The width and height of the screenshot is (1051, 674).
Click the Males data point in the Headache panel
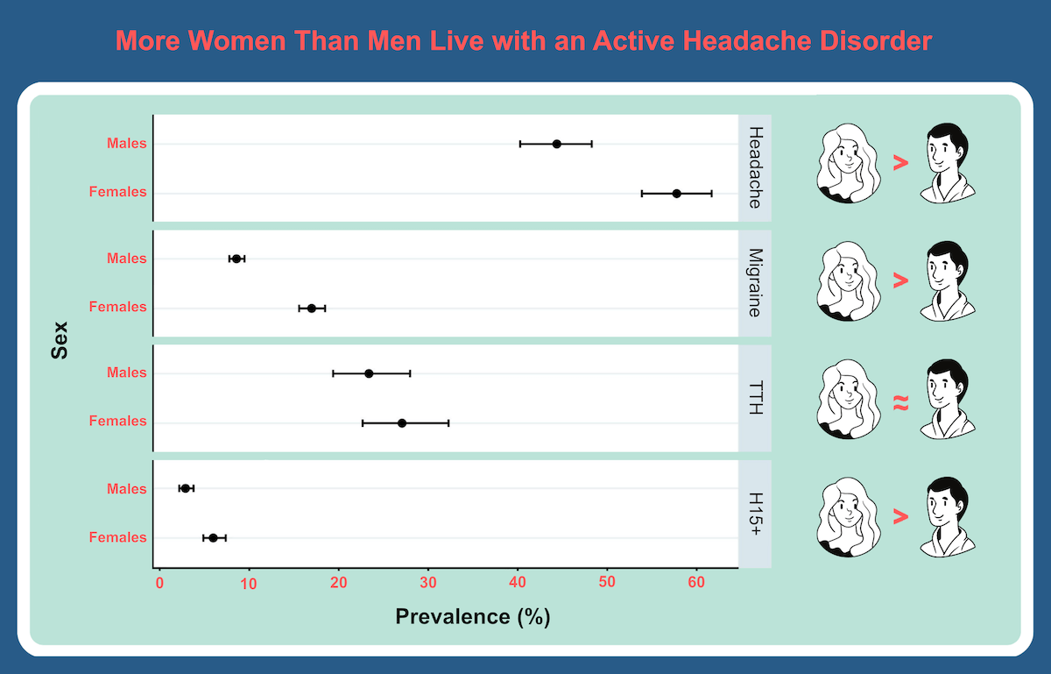tap(557, 144)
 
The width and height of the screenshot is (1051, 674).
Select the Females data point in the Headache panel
tap(676, 193)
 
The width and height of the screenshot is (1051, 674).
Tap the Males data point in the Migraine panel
tap(236, 259)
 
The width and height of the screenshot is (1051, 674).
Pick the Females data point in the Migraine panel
tap(312, 309)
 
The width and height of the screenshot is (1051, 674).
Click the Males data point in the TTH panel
tap(369, 373)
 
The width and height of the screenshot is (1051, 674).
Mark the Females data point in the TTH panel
tap(402, 423)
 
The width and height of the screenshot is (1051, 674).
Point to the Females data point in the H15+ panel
tap(213, 537)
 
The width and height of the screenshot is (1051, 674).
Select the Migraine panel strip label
tap(754, 282)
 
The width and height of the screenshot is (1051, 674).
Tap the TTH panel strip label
tap(754, 398)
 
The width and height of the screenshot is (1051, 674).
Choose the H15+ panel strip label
tap(754, 513)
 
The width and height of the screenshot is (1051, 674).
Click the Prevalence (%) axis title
tap(472, 616)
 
